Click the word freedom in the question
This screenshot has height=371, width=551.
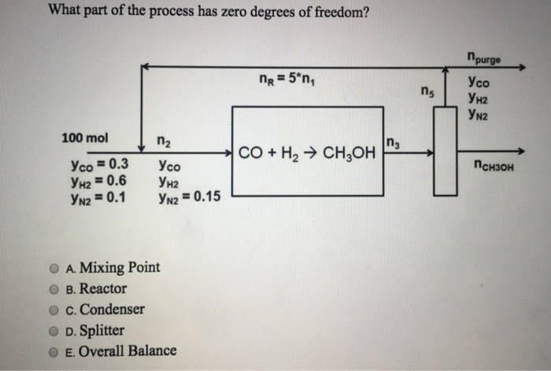(x=331, y=12)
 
